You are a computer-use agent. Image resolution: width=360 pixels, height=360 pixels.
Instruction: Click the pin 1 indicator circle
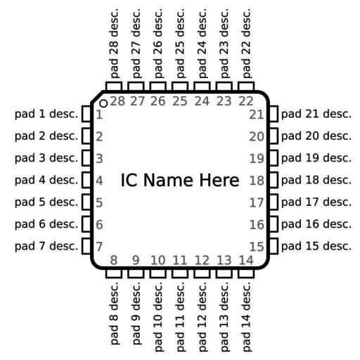pyautogui.click(x=103, y=103)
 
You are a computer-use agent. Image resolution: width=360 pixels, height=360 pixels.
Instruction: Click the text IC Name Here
pyautogui.click(x=180, y=180)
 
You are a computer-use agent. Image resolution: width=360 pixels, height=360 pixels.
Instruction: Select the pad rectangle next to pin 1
pyautogui.click(x=86, y=114)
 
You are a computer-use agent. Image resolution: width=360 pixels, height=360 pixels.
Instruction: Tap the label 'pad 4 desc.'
pyautogui.click(x=46, y=180)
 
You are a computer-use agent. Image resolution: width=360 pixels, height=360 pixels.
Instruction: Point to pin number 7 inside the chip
pyautogui.click(x=99, y=246)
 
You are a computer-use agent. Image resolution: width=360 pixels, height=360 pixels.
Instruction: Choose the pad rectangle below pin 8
pyautogui.click(x=114, y=274)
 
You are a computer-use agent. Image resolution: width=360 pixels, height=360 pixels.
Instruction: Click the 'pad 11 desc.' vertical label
pyautogui.click(x=180, y=317)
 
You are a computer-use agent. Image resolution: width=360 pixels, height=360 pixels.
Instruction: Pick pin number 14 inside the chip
pyautogui.click(x=246, y=260)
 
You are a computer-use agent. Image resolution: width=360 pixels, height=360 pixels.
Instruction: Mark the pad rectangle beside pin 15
pyautogui.click(x=274, y=246)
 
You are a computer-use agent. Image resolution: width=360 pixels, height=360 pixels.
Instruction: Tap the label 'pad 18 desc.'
pyautogui.click(x=316, y=180)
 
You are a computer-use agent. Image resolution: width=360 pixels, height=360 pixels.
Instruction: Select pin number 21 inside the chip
pyautogui.click(x=257, y=115)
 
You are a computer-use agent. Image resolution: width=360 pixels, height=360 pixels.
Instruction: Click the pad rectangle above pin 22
pyautogui.click(x=246, y=86)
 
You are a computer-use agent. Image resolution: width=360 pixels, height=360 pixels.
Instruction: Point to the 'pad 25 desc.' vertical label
pyautogui.click(x=180, y=44)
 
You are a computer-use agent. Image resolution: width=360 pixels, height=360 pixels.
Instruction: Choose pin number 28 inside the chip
pyautogui.click(x=117, y=101)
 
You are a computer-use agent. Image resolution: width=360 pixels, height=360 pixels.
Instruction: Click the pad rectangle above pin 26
pyautogui.click(x=157, y=86)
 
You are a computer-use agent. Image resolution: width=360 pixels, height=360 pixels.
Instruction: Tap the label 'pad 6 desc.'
pyautogui.click(x=46, y=224)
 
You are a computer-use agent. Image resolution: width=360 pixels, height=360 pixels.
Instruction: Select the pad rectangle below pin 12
pyautogui.click(x=202, y=274)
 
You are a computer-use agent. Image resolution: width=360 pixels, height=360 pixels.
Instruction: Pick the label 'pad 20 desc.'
pyautogui.click(x=316, y=136)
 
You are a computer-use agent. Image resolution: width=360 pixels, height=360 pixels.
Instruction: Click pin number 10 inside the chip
pyautogui.click(x=157, y=260)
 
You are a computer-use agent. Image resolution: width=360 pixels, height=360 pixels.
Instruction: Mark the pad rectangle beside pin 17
pyautogui.click(x=274, y=202)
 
